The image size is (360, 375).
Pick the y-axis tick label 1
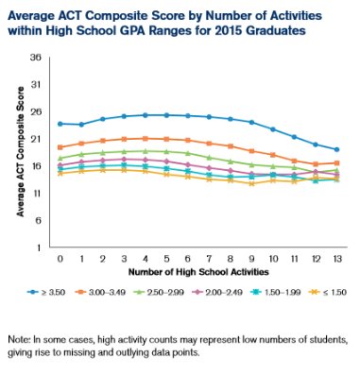(x=38, y=247)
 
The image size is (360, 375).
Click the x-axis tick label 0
(x=60, y=258)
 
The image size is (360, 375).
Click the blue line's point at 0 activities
(x=60, y=124)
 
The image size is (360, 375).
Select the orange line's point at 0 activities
(x=60, y=147)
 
